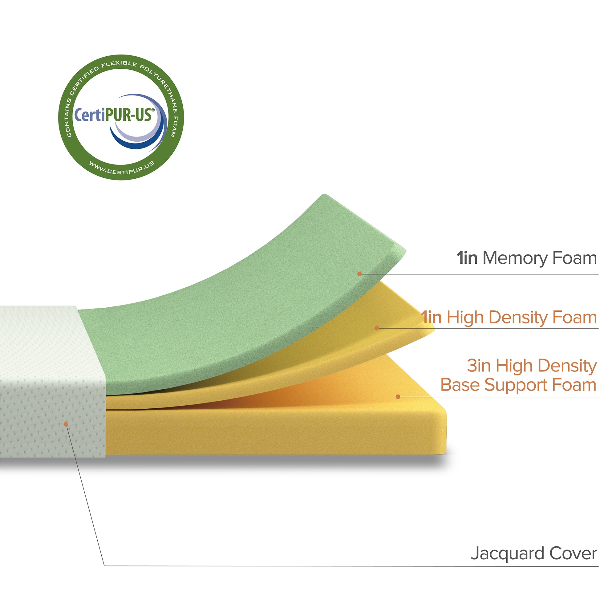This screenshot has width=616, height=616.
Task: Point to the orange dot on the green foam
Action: [x=359, y=274]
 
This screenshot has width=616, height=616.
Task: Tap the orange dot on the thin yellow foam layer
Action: [x=377, y=328]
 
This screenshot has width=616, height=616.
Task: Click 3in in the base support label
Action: [x=479, y=366]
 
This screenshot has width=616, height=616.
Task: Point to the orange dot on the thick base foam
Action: [x=398, y=397]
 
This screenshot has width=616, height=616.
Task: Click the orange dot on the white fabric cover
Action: [x=66, y=424]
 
